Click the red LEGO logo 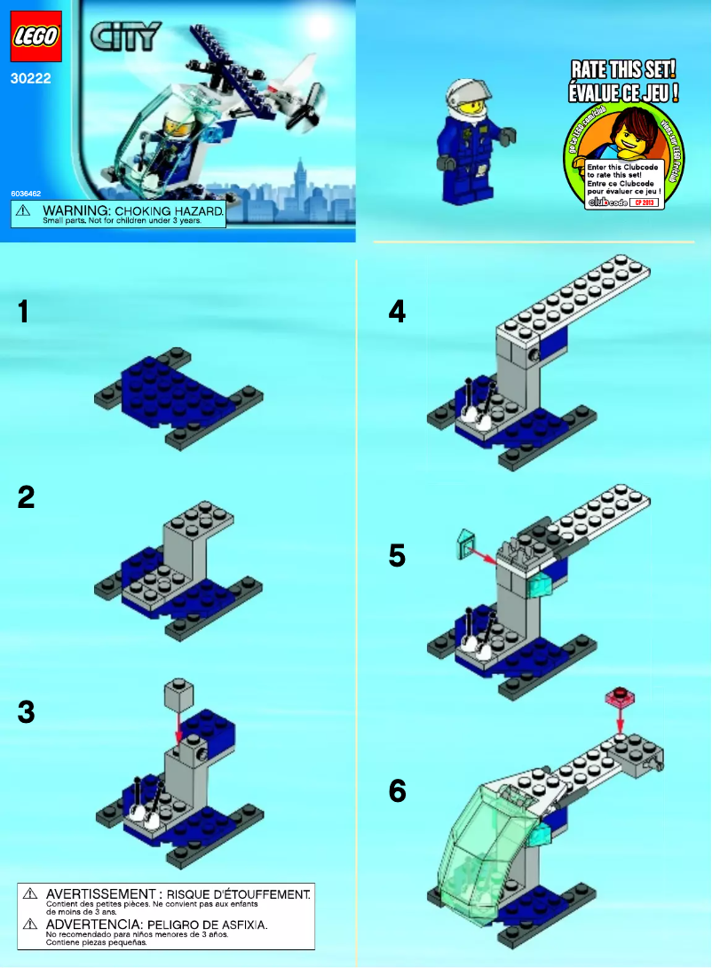click(x=36, y=37)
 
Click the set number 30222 click(x=29, y=78)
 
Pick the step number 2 click(x=27, y=497)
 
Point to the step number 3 click(x=27, y=711)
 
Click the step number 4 click(x=397, y=312)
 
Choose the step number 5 click(x=397, y=556)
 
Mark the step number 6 click(x=398, y=790)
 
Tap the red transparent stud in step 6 click(x=621, y=695)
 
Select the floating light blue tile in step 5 click(x=467, y=541)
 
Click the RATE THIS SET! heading click(x=623, y=70)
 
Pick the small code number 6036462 click(x=26, y=192)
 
